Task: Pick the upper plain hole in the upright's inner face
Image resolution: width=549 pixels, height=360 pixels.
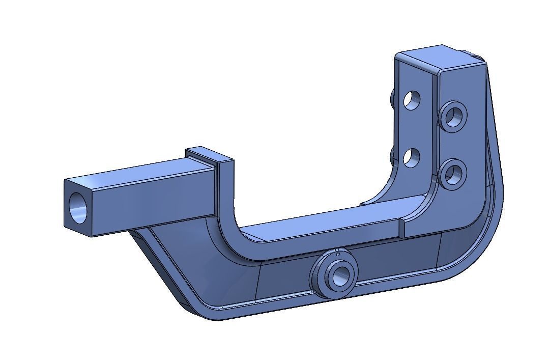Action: tap(412, 99)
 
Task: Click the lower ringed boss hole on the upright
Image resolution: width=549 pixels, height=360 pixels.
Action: tap(452, 175)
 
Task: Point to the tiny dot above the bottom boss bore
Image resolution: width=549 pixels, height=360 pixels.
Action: tap(337, 253)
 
